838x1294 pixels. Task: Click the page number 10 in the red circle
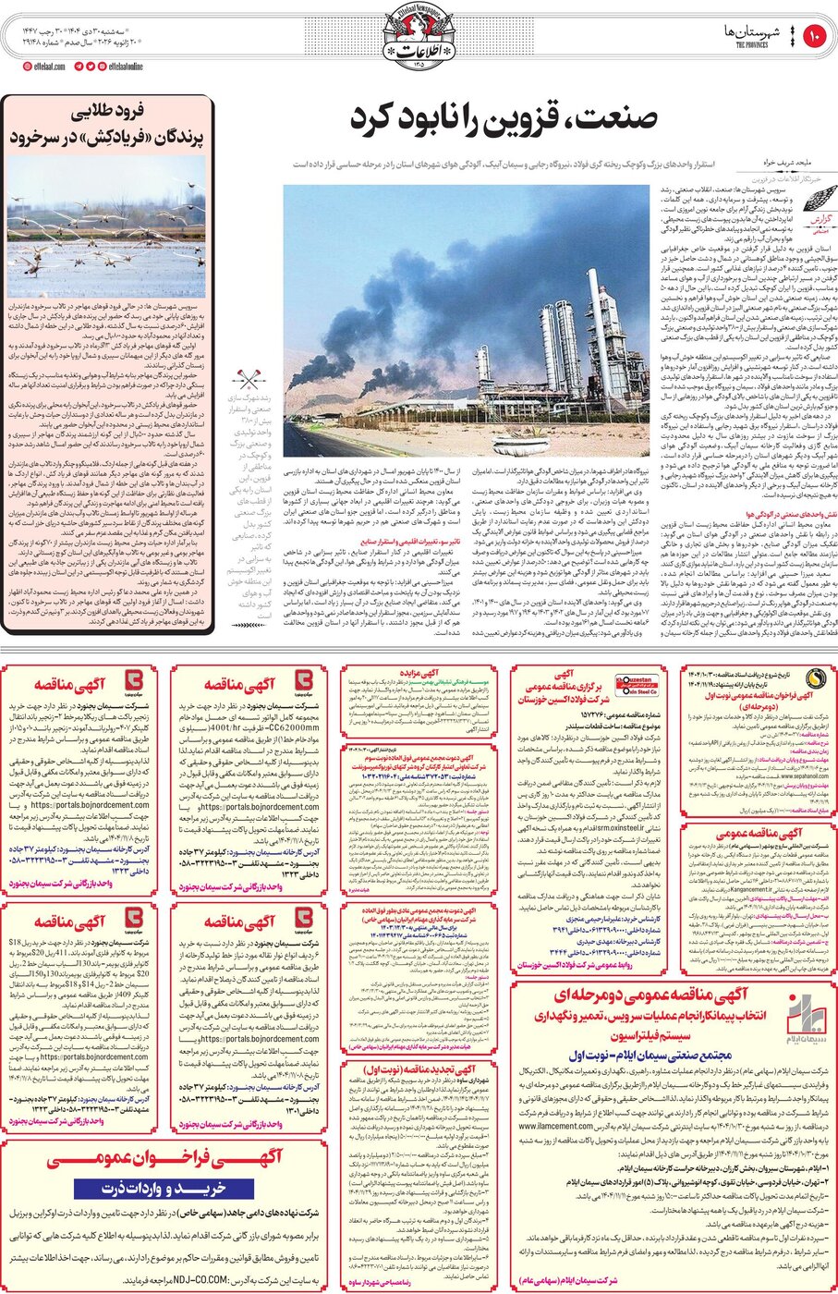[815, 37]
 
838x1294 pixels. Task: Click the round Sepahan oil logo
[812, 678]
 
